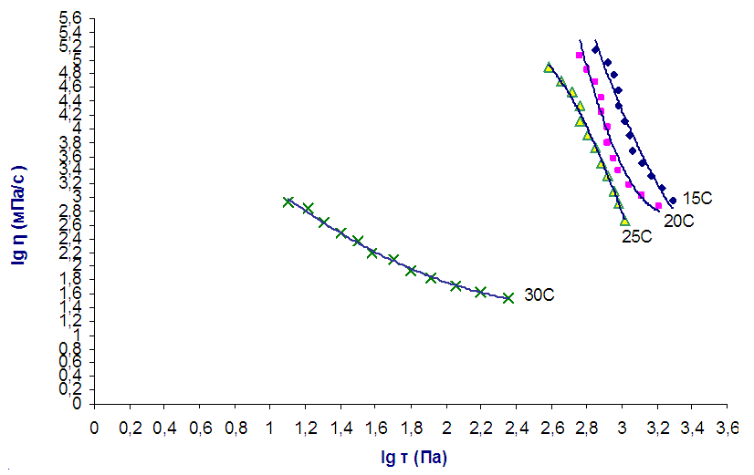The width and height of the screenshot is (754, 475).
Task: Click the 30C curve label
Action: [x=540, y=295]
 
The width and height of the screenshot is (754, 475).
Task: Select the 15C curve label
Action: [x=696, y=198]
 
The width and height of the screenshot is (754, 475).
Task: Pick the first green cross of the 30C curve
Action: [x=288, y=201]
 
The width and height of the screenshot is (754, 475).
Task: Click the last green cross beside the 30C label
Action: [x=508, y=297]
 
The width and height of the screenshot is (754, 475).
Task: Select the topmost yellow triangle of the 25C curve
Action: [x=548, y=67]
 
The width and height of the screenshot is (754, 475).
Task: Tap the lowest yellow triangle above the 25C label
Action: [x=625, y=221]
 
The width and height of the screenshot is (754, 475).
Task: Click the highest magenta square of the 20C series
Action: [x=580, y=56]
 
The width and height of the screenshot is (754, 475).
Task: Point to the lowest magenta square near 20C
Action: [x=658, y=206]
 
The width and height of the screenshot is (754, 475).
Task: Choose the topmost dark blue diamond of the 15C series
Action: [x=596, y=50]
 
